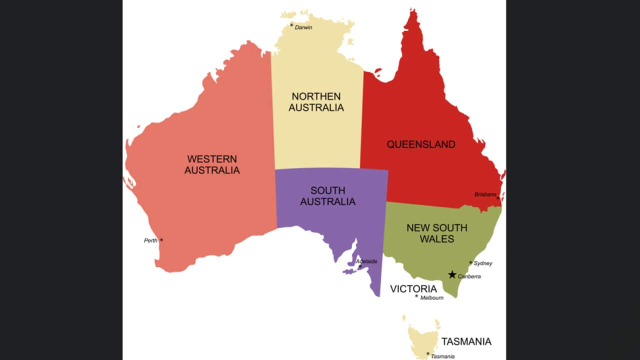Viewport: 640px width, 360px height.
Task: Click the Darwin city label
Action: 303,27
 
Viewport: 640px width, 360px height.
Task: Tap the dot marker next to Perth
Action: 161,240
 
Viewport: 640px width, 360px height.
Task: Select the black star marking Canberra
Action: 452,274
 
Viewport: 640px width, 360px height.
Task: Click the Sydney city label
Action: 483,263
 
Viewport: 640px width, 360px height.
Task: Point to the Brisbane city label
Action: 485,194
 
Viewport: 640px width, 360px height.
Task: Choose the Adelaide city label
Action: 367,261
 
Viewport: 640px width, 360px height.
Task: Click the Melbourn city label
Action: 432,297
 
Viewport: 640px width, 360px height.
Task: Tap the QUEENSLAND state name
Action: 421,144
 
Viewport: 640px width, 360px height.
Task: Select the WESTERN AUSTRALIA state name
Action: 212,164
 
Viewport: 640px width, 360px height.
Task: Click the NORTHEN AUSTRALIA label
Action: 316,101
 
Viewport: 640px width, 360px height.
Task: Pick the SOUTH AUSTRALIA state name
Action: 328,196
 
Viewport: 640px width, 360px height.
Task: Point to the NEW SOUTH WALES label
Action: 436,233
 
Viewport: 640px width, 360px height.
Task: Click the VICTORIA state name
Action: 413,288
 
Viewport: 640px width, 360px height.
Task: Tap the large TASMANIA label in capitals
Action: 466,341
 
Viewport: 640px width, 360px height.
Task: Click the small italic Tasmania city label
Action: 443,356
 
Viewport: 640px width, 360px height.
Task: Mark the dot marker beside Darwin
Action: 291,24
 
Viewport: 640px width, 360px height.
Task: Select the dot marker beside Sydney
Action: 470,262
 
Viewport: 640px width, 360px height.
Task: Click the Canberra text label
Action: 469,276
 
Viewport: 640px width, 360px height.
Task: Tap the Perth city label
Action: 150,240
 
